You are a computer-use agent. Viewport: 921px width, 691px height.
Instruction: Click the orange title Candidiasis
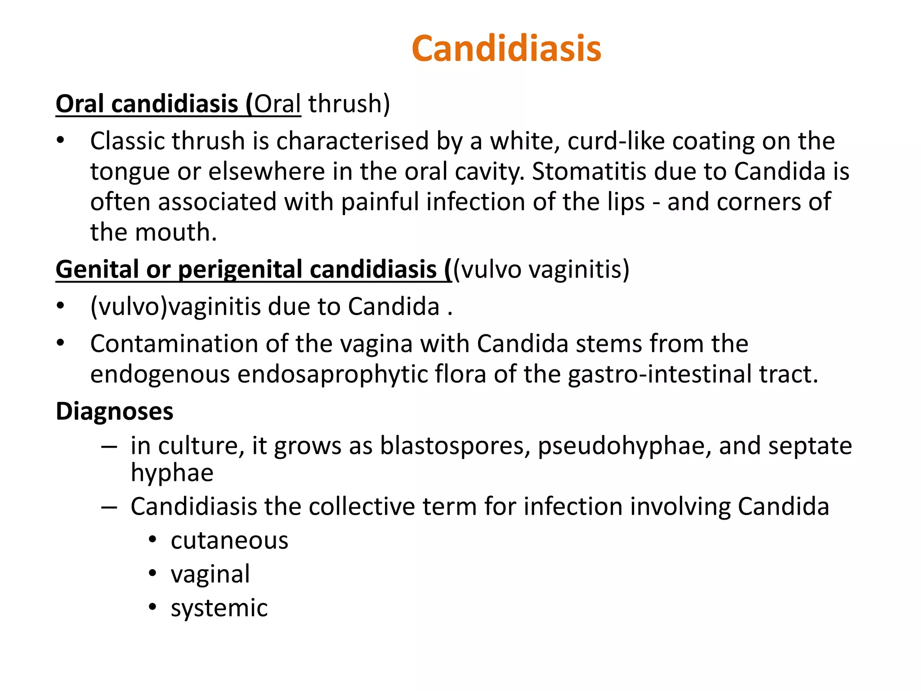506,49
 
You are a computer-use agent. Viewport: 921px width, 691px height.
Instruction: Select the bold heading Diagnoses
114,411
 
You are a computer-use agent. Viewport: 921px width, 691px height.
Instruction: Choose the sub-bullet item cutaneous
229,540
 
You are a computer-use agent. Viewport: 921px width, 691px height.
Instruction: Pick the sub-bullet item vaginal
210,574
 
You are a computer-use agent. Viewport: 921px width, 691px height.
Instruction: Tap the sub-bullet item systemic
219,608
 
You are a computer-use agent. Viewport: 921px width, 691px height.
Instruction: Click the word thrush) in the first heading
349,104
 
